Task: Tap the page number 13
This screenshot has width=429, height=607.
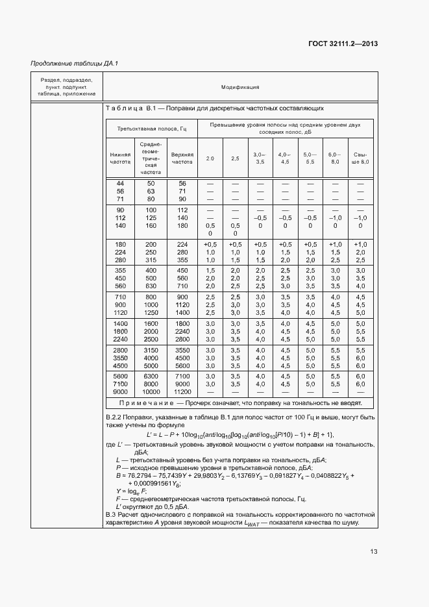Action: point(374,552)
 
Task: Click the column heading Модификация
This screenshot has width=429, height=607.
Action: point(240,86)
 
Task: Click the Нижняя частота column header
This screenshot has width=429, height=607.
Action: point(120,158)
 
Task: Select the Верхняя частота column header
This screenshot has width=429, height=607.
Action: point(182,158)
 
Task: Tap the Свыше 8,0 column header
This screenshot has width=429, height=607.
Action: point(360,158)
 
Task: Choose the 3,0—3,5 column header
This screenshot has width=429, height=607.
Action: point(260,158)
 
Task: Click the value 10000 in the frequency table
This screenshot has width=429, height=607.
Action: point(151,392)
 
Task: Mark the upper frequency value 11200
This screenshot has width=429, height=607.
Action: point(182,392)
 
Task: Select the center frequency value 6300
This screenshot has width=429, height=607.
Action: point(151,377)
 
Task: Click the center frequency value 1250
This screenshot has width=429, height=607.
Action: point(151,312)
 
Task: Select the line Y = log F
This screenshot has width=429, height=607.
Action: point(129,491)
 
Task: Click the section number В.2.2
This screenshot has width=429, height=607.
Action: point(114,416)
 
